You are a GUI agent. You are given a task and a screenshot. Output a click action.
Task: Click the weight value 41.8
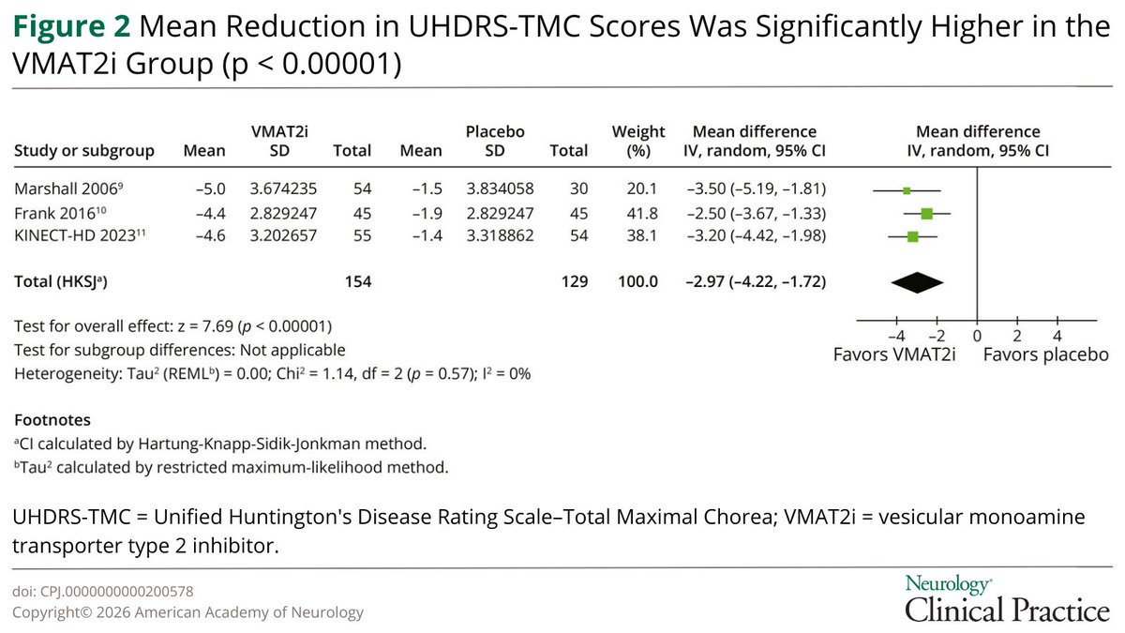637,213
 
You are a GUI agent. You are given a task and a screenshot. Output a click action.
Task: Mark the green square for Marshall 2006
907,190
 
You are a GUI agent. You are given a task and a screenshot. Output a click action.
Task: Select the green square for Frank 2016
926,213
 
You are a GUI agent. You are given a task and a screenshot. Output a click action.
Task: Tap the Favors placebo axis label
1045,355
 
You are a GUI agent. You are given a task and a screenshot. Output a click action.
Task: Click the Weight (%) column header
637,141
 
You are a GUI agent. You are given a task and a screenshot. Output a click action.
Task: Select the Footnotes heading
52,421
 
